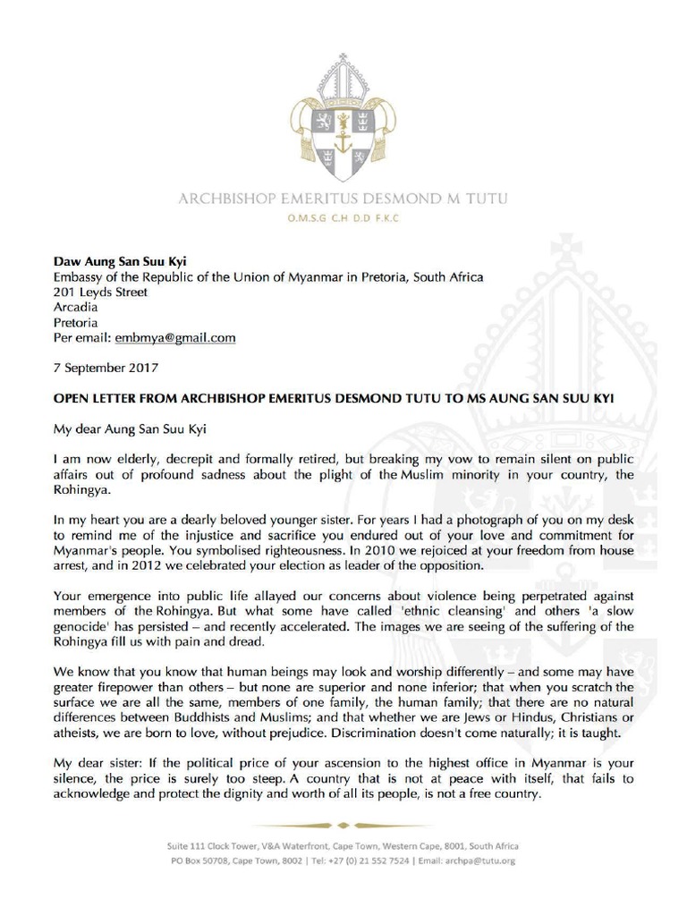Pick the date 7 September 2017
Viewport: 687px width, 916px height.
tap(105, 368)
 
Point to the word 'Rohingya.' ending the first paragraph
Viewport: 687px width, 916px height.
tap(82, 488)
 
